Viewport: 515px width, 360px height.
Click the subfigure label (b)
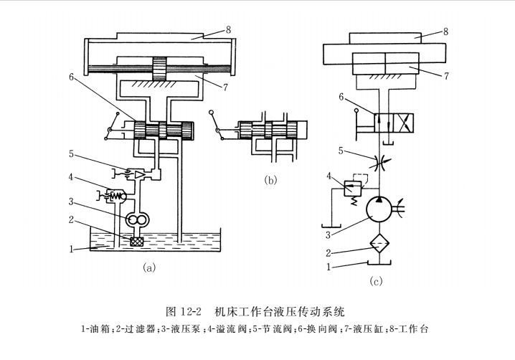[270, 181]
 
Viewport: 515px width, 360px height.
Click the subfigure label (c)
[377, 281]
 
